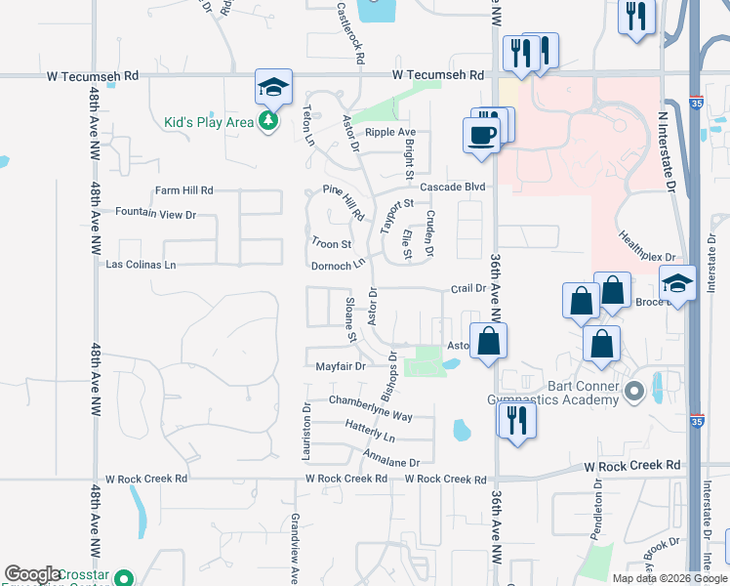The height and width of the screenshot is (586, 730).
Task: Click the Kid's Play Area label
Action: (208, 123)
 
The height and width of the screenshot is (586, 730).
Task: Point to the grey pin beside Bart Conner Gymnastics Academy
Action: (634, 393)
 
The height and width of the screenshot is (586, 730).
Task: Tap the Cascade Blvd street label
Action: (453, 187)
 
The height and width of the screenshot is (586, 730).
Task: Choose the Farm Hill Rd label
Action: (183, 190)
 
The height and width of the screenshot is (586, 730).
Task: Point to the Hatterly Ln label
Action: (370, 426)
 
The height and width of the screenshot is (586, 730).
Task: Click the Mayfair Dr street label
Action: (340, 367)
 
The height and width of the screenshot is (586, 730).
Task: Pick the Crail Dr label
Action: (468, 288)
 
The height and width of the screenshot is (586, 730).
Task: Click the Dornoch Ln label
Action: (338, 265)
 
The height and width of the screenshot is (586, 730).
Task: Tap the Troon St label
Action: (331, 243)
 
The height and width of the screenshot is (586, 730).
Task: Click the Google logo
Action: (32, 574)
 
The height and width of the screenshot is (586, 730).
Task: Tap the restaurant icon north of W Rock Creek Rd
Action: (516, 420)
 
